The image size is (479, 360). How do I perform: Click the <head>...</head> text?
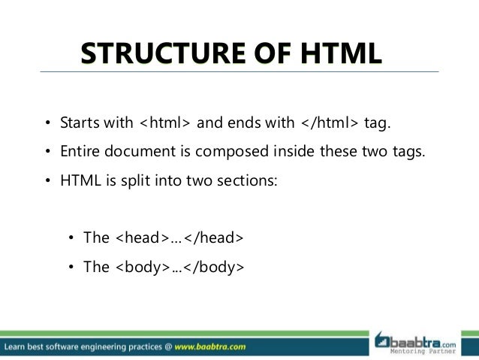[x=179, y=238]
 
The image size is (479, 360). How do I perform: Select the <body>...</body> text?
[x=179, y=267]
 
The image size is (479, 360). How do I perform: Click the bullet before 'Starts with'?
[x=46, y=123]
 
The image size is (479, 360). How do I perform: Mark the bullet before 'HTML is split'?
[x=46, y=180]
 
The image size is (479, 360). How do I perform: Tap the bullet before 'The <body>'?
[x=71, y=268]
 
